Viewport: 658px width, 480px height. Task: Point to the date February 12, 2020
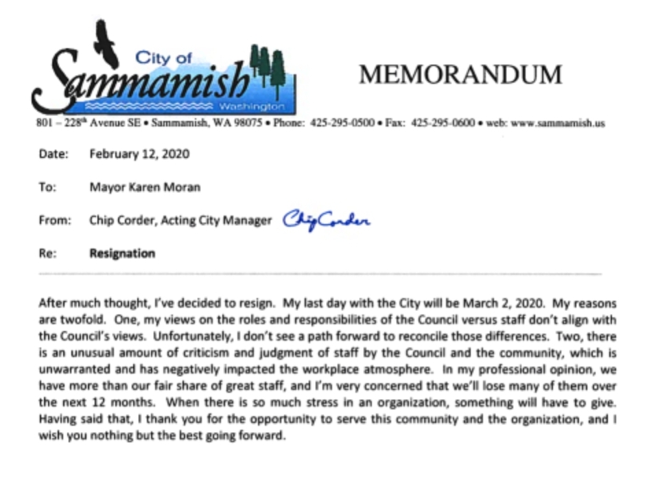pyautogui.click(x=139, y=154)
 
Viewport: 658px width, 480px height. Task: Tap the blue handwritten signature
pyautogui.click(x=327, y=220)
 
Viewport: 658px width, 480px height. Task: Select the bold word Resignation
pyautogui.click(x=122, y=253)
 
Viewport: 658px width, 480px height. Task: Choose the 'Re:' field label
pyautogui.click(x=47, y=253)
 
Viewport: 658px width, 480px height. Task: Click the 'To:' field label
pyautogui.click(x=47, y=187)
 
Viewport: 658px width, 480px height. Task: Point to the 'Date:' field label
pyautogui.click(x=54, y=154)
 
